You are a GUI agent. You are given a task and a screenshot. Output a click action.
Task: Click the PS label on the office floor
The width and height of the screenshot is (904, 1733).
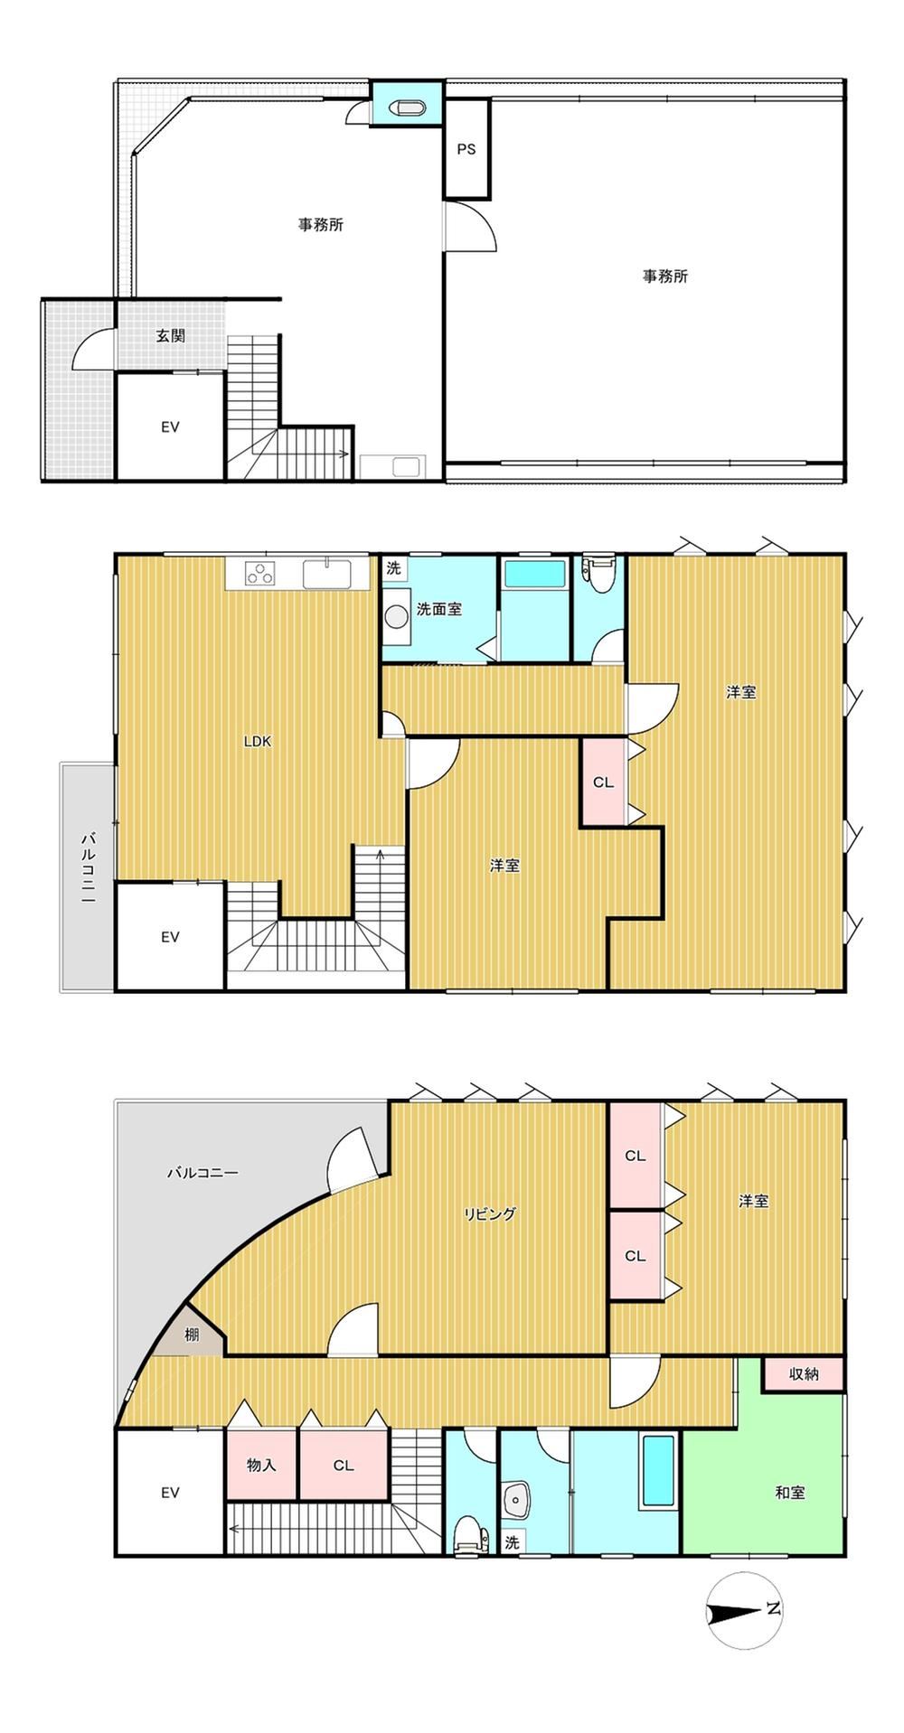(x=466, y=150)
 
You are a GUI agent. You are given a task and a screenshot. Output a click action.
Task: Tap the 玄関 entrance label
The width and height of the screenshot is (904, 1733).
(x=170, y=335)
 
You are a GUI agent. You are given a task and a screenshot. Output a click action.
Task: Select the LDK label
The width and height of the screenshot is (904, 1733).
(x=258, y=742)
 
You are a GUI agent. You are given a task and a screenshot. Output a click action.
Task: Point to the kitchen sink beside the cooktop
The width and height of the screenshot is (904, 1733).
(x=326, y=574)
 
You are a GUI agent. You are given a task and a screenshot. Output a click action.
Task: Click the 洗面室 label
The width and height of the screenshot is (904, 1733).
(x=438, y=609)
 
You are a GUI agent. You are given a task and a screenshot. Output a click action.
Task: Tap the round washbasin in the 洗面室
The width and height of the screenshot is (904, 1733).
(x=396, y=616)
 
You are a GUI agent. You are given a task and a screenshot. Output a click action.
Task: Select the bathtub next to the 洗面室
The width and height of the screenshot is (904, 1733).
(x=534, y=574)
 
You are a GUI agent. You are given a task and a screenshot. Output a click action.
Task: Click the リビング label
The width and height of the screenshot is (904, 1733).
(x=490, y=1213)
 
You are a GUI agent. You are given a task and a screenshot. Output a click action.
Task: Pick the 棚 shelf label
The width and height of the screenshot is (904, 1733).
(x=192, y=1334)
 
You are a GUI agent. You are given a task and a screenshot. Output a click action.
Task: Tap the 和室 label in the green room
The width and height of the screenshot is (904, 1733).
(x=789, y=1493)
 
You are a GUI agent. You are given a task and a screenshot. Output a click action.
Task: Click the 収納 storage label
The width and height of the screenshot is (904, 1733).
(x=804, y=1373)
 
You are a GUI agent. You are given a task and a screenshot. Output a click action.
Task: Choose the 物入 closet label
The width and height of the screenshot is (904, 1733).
(x=261, y=1465)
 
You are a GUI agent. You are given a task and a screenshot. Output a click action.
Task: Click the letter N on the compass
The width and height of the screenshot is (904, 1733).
(x=773, y=1609)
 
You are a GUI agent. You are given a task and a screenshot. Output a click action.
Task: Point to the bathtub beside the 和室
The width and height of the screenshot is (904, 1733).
(x=658, y=1472)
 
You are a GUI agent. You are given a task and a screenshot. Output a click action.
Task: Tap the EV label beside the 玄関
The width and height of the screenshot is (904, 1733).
(x=170, y=426)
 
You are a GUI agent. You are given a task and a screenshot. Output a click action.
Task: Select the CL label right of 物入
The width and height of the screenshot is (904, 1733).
(x=343, y=1466)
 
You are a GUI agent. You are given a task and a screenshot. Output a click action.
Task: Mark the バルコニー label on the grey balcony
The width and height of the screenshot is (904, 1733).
(x=202, y=1173)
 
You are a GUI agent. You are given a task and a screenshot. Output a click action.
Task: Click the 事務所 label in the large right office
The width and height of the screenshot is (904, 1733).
(x=665, y=276)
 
